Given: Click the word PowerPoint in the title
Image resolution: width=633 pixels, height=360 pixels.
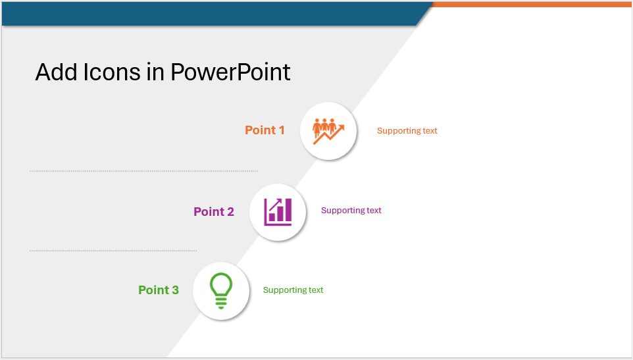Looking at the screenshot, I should tap(230, 72).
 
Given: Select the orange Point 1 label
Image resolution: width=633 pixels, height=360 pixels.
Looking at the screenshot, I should tap(265, 130).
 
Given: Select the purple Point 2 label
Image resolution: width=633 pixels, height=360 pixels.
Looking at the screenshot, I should tap(213, 212).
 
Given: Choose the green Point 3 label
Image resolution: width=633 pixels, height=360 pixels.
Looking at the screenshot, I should tap(158, 290).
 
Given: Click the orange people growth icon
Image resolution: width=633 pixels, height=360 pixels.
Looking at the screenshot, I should tap(328, 131).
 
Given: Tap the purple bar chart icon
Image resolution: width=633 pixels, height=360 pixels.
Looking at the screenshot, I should tap(278, 212).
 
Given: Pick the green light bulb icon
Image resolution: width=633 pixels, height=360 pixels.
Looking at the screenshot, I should tap(221, 291).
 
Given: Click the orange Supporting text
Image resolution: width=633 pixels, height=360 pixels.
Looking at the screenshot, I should tap(407, 131).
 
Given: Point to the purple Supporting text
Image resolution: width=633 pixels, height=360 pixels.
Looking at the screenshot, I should tap(351, 211).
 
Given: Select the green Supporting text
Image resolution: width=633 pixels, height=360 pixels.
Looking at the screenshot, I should tap(293, 290).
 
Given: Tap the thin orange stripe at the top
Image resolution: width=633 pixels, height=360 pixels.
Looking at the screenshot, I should tap(533, 5).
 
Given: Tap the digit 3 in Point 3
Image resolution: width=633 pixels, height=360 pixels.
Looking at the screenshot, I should tap(175, 290).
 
